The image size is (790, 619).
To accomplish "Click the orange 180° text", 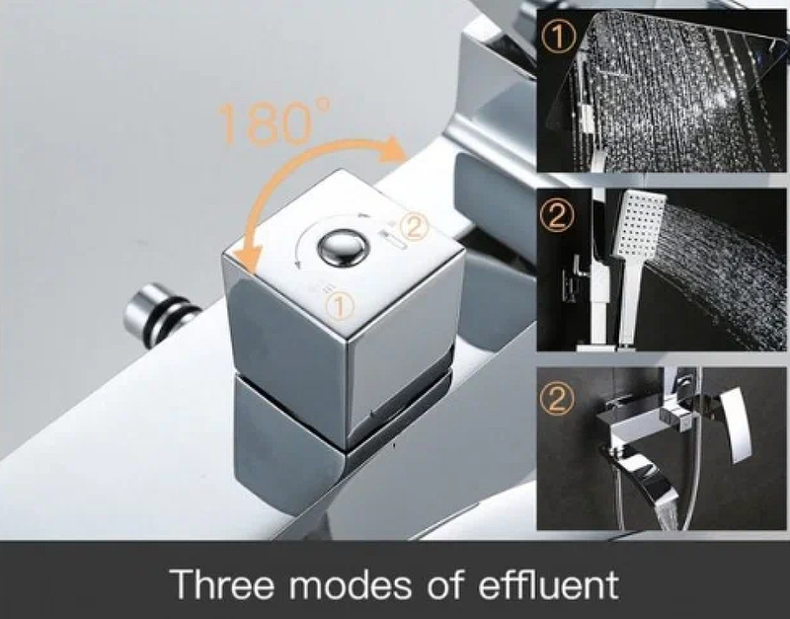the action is (274, 121).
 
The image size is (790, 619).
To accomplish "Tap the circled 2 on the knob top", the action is (414, 227).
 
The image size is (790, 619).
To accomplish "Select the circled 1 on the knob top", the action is (340, 305).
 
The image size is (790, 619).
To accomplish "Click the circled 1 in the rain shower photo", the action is (558, 38).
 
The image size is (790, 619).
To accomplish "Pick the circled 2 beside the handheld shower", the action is (557, 216).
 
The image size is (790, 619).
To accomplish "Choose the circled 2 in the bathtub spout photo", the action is (557, 399).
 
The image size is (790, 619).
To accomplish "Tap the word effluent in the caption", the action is (548, 583).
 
